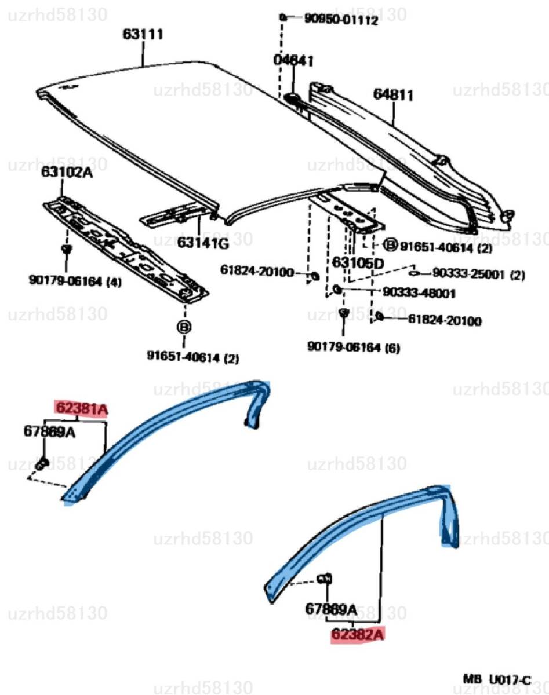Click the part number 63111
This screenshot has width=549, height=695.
(143, 35)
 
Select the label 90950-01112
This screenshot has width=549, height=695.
(341, 20)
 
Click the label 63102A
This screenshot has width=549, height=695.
(66, 172)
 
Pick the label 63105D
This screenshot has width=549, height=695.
(358, 263)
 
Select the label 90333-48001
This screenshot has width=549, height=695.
(419, 294)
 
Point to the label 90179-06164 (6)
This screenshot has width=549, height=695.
(353, 348)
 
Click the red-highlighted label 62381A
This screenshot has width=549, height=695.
(82, 409)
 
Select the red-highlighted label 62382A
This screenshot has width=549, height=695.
(358, 635)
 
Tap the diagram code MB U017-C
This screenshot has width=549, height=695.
(497, 678)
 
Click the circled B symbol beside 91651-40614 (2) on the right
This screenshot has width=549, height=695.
(391, 245)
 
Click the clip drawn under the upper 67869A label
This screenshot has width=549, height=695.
(42, 464)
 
